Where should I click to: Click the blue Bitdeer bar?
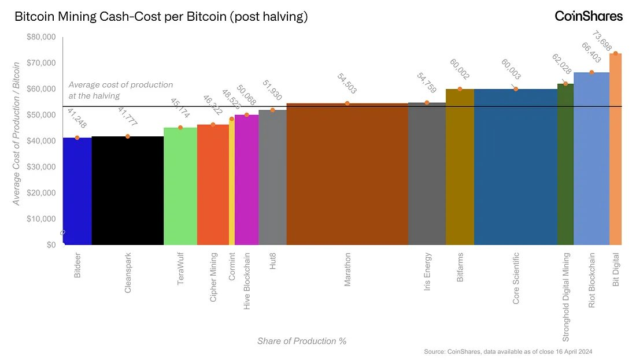pos(77,191)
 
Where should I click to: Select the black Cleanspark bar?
pos(127,191)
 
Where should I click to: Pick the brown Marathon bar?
pos(347,173)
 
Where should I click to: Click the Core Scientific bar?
pos(515,168)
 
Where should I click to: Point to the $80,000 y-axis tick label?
pos(42,37)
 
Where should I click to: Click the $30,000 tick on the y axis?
pos(42,167)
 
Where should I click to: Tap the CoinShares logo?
pos(589,16)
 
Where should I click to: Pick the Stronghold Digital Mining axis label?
pos(565,296)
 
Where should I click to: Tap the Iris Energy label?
pos(427,271)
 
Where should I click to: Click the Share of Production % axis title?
pos(302,341)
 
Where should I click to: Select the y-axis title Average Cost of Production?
pos(17,133)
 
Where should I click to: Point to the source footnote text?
pos(508,351)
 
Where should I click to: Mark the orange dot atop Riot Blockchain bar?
pos(591,72)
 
